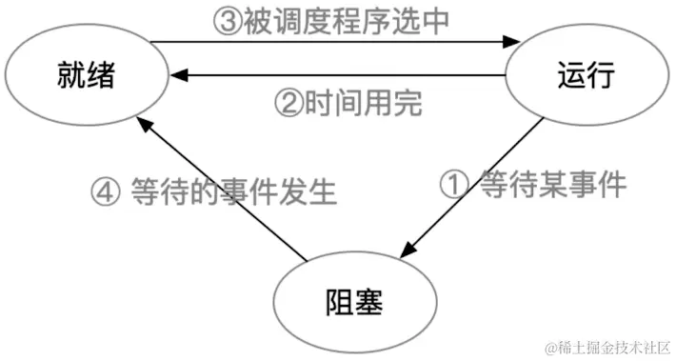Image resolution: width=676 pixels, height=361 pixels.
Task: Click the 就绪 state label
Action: pos(89,73)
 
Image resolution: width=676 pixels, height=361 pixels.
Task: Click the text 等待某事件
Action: pos(552,183)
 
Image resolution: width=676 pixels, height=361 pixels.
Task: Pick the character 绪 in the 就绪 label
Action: pos(103,73)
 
